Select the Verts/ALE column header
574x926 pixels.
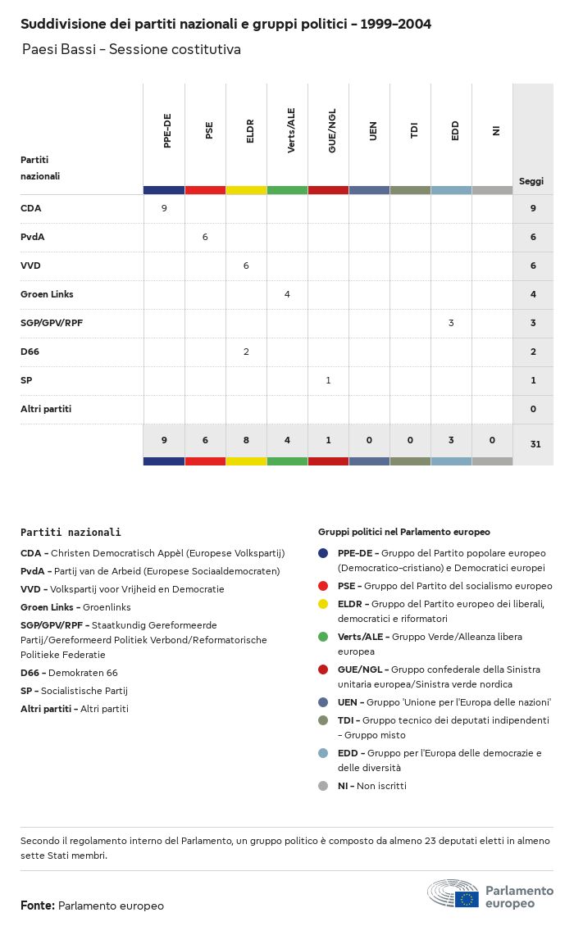pyautogui.click(x=291, y=130)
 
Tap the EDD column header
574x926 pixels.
pyautogui.click(x=455, y=131)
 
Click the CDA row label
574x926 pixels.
pyautogui.click(x=30, y=208)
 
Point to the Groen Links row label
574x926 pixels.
pyautogui.click(x=47, y=294)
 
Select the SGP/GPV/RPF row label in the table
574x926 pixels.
pyautogui.click(x=52, y=323)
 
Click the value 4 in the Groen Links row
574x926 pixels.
pyautogui.click(x=287, y=294)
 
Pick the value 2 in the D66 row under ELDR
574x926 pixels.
pyautogui.click(x=246, y=352)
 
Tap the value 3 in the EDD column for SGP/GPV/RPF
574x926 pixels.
pyautogui.click(x=451, y=323)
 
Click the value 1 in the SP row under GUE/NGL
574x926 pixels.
pyautogui.click(x=328, y=380)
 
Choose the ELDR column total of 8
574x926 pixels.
pyautogui.click(x=246, y=441)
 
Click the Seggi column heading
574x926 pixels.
pyautogui.click(x=531, y=181)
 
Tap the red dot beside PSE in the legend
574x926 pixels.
pyautogui.click(x=323, y=586)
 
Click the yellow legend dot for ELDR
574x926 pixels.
pyautogui.click(x=323, y=604)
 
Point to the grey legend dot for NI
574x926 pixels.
pyautogui.click(x=323, y=786)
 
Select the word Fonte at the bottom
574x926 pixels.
pyautogui.click(x=37, y=906)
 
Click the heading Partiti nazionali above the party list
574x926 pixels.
pyautogui.click(x=71, y=532)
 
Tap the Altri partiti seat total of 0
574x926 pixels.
pyautogui.click(x=533, y=409)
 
